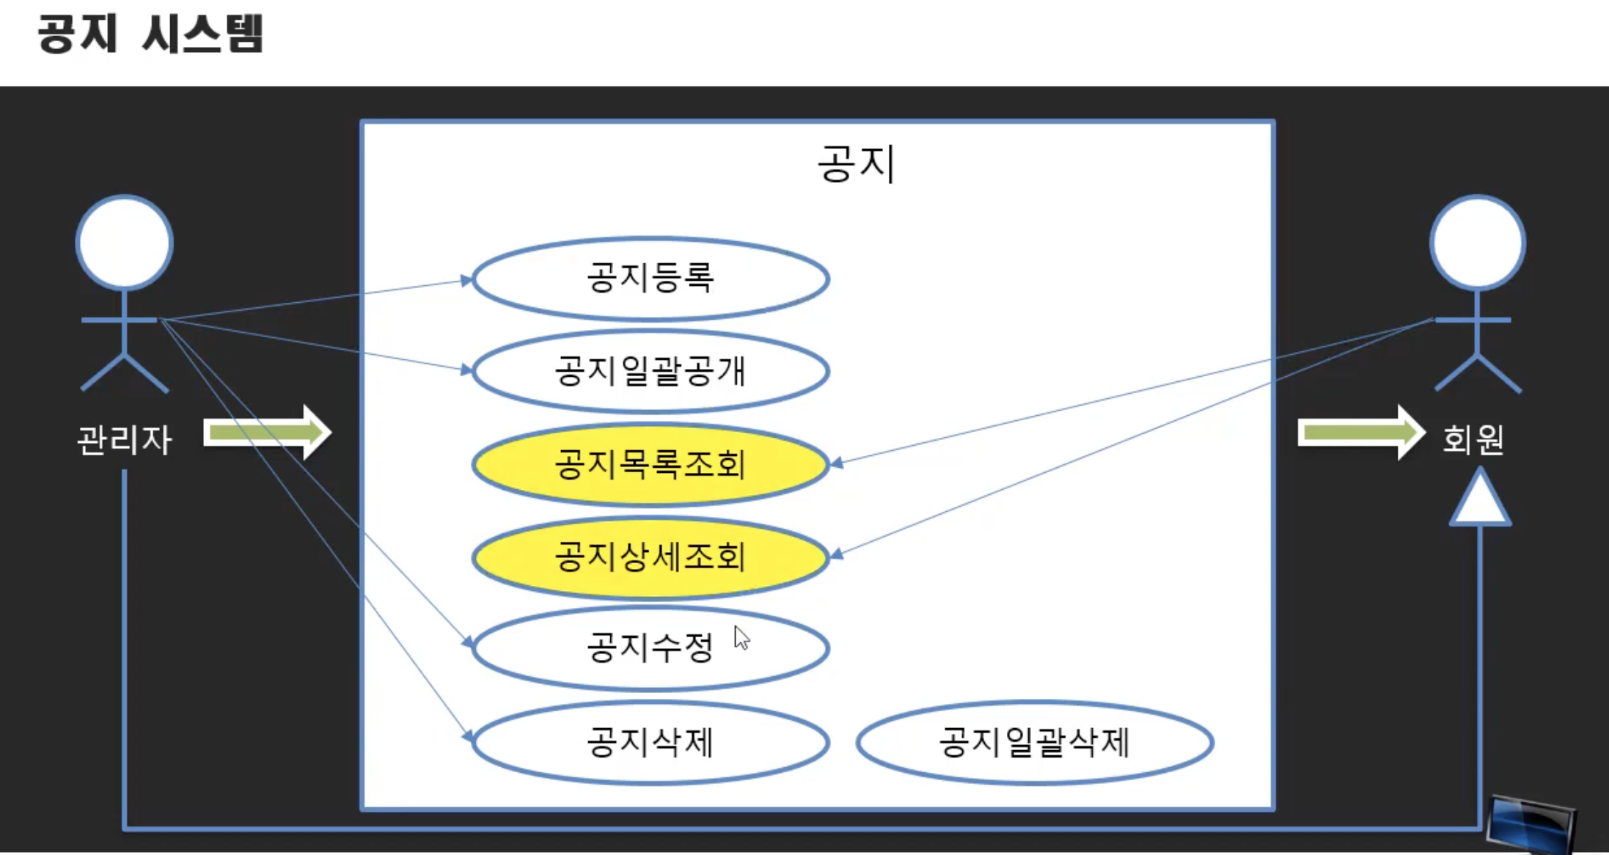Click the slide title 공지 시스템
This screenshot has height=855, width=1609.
(150, 34)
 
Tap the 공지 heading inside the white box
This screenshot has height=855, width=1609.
(856, 163)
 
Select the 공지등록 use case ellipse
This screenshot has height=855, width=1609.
(650, 279)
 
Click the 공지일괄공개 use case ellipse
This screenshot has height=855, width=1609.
(650, 371)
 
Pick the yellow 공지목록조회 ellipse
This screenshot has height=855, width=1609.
(650, 464)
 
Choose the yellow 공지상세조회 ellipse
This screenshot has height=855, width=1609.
(650, 557)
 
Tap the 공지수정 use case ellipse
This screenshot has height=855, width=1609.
(650, 649)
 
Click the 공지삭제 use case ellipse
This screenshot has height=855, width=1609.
(650, 742)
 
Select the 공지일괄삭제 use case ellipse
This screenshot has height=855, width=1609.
(1034, 742)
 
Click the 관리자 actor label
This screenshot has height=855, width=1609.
(124, 441)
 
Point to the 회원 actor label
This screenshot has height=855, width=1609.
(1473, 439)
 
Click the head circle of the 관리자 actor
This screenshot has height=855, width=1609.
(125, 242)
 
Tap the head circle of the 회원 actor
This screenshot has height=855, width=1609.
(1478, 242)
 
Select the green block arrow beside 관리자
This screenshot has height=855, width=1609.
(268, 433)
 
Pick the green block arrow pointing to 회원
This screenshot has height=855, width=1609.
(1360, 433)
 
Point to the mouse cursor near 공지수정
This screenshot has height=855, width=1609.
(741, 638)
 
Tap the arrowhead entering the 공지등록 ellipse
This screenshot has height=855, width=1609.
(466, 280)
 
